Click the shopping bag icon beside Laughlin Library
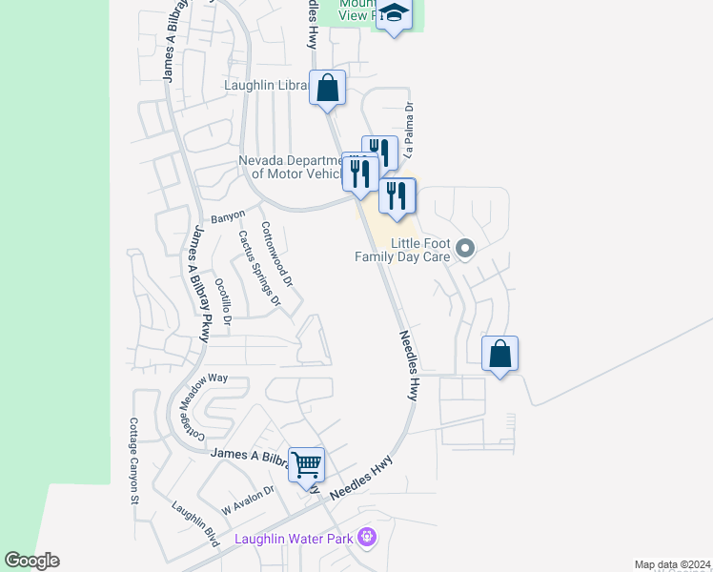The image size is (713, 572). point(327,88)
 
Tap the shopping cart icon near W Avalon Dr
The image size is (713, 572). point(307,465)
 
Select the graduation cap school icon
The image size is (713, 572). point(393,15)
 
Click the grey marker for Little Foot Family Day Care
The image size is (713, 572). point(465,249)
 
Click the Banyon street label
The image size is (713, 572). point(228,217)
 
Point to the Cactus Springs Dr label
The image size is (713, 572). point(259,268)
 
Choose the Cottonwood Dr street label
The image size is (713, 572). point(276,255)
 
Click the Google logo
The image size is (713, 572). point(31,561)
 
